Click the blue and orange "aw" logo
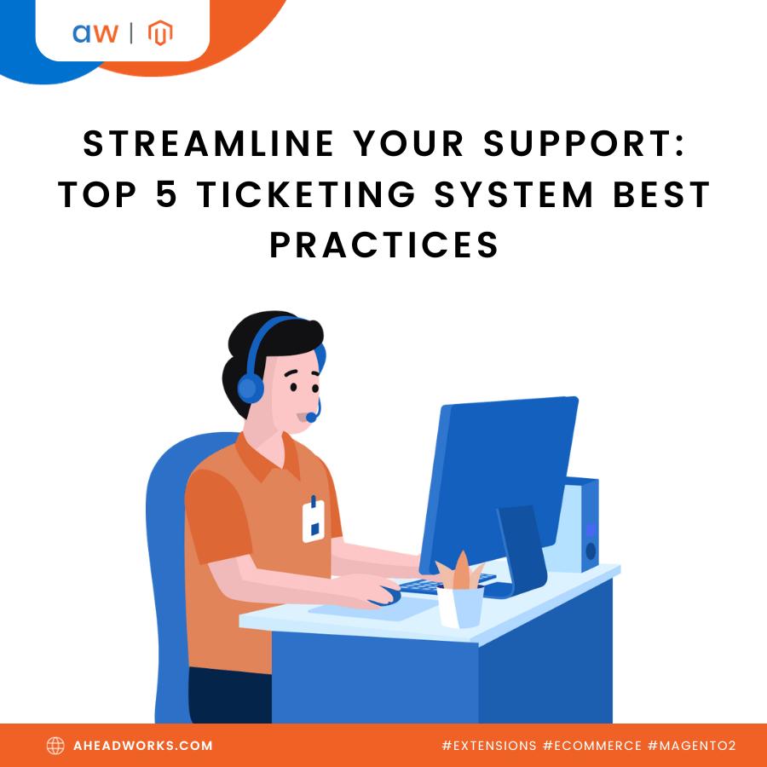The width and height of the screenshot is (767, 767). point(95,33)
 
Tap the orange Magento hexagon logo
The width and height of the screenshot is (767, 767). point(160,32)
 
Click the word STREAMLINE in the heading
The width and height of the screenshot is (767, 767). point(209,144)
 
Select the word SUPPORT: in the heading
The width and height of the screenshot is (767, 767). point(584,144)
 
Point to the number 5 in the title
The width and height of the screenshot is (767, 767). point(166,194)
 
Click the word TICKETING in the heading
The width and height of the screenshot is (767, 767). point(307,194)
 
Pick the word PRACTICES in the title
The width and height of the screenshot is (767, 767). point(384,245)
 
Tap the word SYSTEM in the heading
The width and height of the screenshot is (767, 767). point(514,194)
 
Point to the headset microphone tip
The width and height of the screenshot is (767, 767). point(311,418)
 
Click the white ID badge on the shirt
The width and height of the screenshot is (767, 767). point(314,522)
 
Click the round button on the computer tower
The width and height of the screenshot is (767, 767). point(591,551)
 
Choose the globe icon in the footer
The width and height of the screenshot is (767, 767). point(55,746)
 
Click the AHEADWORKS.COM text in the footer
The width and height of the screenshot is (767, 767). point(143,746)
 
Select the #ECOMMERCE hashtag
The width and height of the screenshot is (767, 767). point(592,746)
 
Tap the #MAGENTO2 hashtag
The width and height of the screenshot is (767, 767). point(692,746)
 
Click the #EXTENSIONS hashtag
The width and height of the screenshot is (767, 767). point(489,746)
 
